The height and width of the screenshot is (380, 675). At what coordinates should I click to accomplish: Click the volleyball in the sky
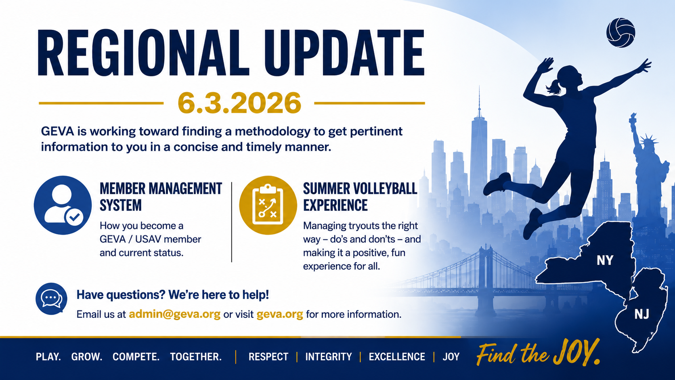point(620,33)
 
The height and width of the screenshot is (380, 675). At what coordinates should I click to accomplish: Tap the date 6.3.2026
point(239,103)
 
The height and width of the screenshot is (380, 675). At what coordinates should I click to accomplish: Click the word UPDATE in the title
point(344,53)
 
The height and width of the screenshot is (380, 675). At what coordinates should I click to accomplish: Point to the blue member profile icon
point(63,205)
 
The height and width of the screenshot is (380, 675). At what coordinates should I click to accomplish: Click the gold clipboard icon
point(268,205)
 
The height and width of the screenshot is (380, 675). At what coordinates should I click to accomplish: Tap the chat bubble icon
point(51,299)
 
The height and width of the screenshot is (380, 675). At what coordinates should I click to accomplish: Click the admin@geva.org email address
point(174,314)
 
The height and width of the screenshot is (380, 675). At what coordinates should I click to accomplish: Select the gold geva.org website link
point(280,314)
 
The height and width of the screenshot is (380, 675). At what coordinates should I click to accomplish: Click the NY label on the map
point(605,260)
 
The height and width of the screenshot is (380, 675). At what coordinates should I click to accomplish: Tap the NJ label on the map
point(641,314)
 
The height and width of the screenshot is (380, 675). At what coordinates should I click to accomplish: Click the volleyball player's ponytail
point(554,87)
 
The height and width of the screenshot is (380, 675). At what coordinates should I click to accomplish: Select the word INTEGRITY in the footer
point(329,357)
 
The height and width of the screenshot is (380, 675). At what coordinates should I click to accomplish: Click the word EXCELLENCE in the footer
point(397,357)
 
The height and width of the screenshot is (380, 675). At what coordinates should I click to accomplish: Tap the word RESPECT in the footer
point(268,357)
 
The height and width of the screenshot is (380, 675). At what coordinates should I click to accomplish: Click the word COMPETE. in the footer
point(136,357)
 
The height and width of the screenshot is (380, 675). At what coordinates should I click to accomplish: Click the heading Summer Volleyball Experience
point(360,197)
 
